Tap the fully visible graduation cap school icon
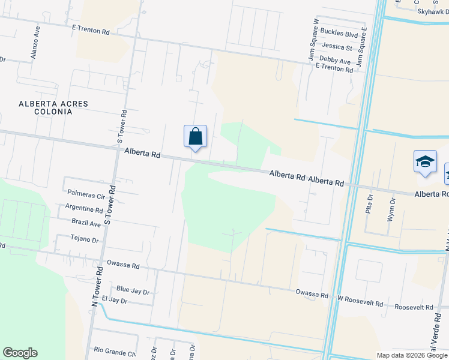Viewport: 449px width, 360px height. [x=425, y=162]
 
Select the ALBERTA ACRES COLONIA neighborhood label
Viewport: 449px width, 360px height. [x=53, y=108]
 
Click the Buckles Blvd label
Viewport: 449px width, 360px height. [x=339, y=35]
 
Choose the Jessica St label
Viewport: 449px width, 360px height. [x=337, y=47]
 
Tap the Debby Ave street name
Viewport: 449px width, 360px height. [x=335, y=61]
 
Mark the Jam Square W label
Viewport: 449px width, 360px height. [x=313, y=38]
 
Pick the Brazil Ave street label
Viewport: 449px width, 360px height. [x=85, y=223]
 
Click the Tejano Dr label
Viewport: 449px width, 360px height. [x=84, y=239]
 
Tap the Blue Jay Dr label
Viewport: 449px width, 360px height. [x=133, y=290]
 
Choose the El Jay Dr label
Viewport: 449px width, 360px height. [x=115, y=300]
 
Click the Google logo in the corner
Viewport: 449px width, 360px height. [x=20, y=353]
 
